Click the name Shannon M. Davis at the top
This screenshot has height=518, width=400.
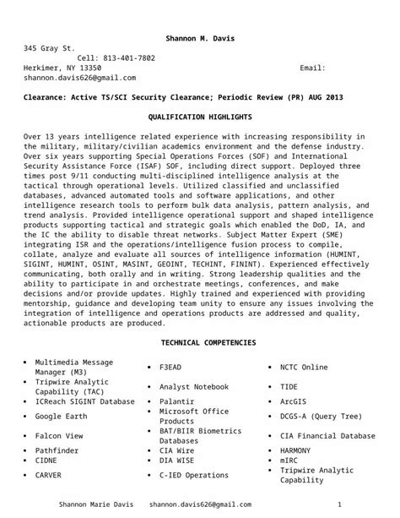pos(200,39)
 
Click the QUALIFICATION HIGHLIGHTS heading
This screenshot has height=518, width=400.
pos(200,116)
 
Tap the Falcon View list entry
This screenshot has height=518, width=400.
pos(59,435)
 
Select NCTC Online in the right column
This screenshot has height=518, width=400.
pos(304,368)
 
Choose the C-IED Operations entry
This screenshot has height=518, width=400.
pos(194,475)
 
